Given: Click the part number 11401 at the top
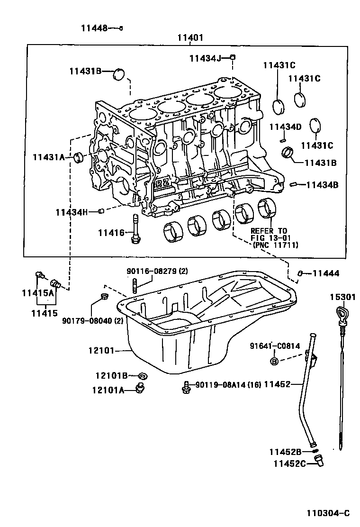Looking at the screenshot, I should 190,37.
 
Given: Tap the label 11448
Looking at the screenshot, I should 93,28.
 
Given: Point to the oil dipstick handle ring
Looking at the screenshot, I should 341,314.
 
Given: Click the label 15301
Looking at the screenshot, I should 342,297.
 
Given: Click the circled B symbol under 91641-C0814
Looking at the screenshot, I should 274,361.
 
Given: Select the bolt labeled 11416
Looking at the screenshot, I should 136,228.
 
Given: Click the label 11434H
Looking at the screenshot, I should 72,212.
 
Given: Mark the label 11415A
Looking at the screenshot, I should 38,293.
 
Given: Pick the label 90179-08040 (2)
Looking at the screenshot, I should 92,321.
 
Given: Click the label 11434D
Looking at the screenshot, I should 285,127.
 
